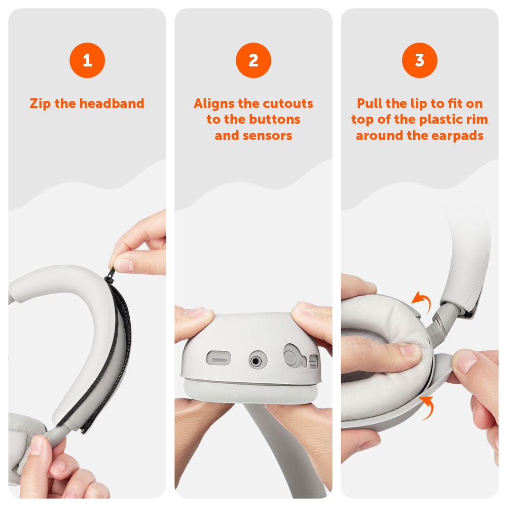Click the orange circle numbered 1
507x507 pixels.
[x=87, y=60]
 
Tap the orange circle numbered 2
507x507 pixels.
[x=253, y=60]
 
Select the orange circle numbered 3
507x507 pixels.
[x=419, y=60]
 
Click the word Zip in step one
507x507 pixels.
[x=40, y=104]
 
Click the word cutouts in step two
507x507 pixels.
[x=286, y=103]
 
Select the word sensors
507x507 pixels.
[x=267, y=135]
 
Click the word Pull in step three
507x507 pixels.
[x=369, y=103]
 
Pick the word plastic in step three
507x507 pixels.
[x=442, y=120]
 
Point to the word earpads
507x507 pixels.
[x=457, y=136]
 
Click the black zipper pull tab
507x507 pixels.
[x=110, y=274]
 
